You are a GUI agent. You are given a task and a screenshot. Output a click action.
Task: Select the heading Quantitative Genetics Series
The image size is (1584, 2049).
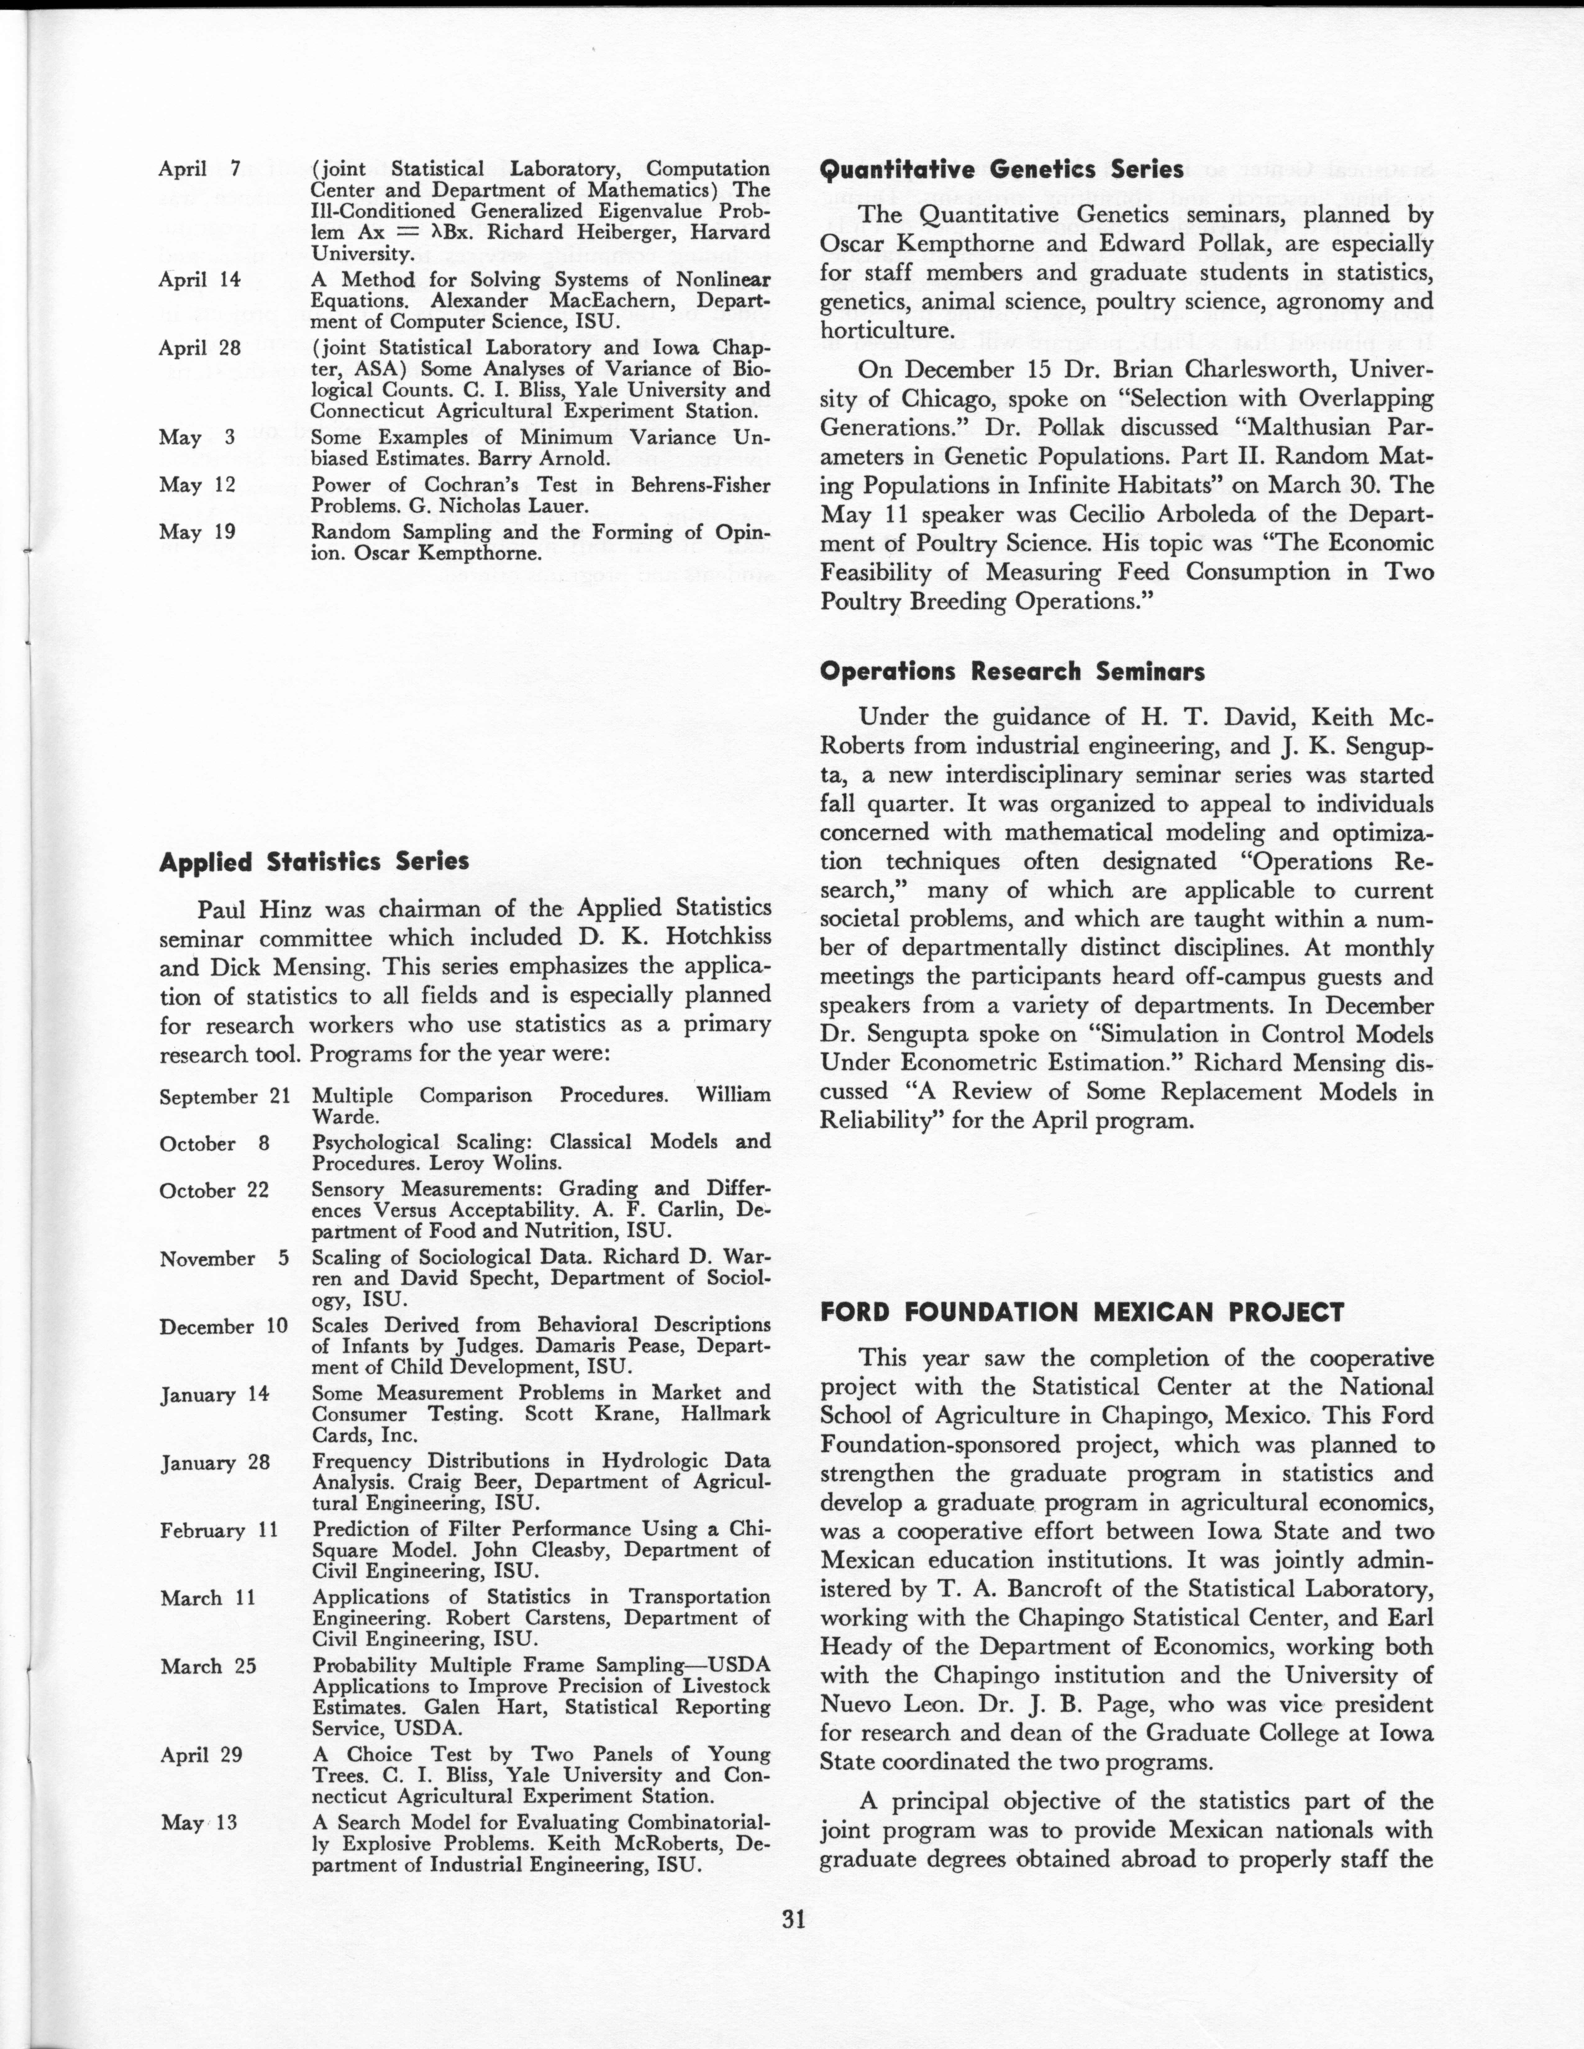click(x=1001, y=170)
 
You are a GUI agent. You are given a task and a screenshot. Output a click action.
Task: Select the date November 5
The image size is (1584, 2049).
click(x=223, y=1259)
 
